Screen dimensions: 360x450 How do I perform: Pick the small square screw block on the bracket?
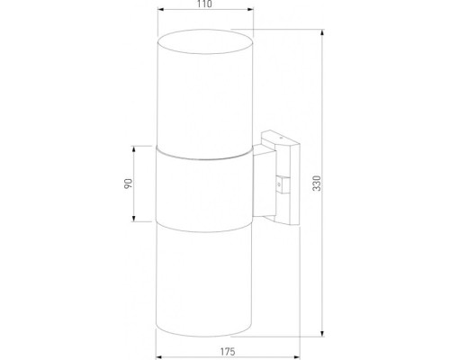tap(286, 184)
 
